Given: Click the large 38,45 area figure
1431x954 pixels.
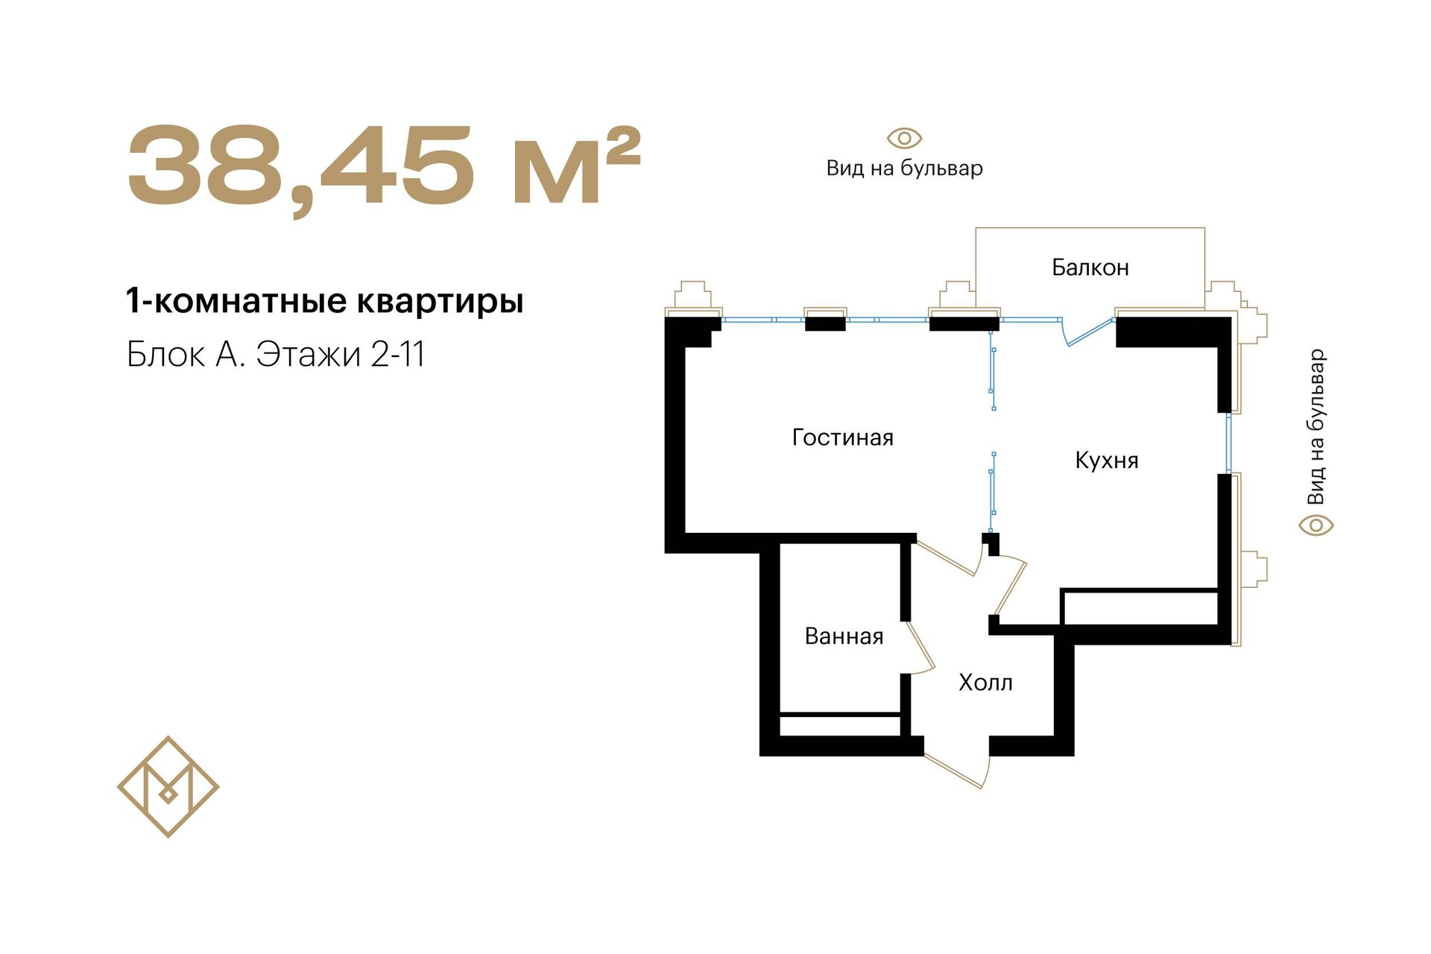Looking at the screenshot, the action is tap(301, 168).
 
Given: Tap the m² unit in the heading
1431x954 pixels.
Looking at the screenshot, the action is tap(576, 165).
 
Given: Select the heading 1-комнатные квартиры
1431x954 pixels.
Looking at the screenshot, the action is tap(325, 301).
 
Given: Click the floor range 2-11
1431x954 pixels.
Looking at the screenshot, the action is tap(398, 354).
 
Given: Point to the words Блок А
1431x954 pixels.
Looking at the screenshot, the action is tap(186, 355).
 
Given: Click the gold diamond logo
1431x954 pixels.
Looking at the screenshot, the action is tap(168, 786).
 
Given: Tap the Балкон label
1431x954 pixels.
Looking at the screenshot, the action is tap(1090, 267).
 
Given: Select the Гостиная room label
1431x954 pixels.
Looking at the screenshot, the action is tap(842, 437).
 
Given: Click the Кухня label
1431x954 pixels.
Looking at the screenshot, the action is tap(1107, 460).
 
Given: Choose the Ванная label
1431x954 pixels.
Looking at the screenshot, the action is tap(844, 636).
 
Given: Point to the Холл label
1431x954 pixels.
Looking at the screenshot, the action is tap(985, 682).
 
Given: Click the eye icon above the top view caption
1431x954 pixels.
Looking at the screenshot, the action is tap(904, 139).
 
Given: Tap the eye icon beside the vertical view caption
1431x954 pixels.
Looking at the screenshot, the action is tap(1316, 525).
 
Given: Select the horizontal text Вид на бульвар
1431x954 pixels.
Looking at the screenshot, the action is tap(904, 168).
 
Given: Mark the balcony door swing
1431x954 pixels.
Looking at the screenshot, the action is tap(1086, 333).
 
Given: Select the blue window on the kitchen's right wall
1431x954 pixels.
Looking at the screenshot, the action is tap(1229, 443).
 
